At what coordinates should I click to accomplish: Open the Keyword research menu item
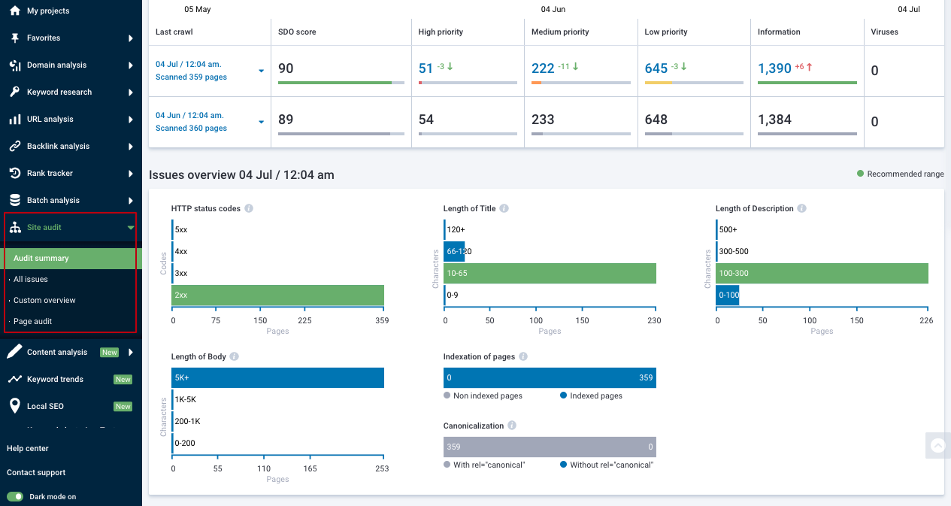(x=59, y=92)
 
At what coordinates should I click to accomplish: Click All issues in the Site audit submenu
(x=31, y=279)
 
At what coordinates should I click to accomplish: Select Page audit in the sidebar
(x=32, y=321)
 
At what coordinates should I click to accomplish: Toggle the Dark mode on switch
(x=15, y=496)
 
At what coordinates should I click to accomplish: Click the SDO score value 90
(x=286, y=68)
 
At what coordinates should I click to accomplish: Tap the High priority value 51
(x=426, y=68)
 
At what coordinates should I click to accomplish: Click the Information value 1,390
(x=774, y=68)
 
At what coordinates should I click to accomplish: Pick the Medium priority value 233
(x=543, y=120)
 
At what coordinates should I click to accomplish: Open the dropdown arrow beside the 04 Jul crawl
(x=261, y=71)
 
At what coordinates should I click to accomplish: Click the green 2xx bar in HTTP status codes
(x=278, y=295)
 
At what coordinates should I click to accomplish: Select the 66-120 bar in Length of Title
(x=455, y=252)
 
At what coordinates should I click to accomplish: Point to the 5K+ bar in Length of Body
(x=278, y=377)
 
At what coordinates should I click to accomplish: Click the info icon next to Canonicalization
(x=512, y=426)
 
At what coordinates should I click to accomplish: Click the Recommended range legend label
(x=904, y=174)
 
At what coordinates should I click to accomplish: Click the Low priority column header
(x=666, y=32)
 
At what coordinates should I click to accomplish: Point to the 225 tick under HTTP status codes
(x=304, y=320)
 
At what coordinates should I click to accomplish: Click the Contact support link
(x=36, y=472)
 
